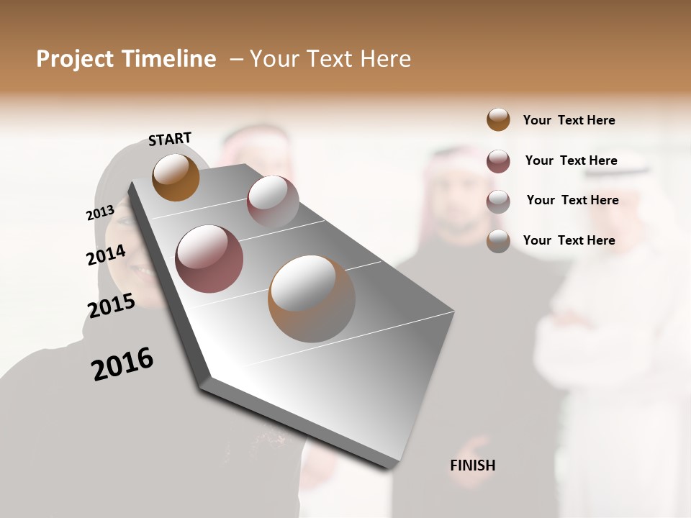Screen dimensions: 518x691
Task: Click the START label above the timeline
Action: (170, 139)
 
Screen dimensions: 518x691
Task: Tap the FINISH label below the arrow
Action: (472, 465)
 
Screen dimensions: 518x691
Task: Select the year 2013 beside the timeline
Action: (100, 213)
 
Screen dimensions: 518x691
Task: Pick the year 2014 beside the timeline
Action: (106, 255)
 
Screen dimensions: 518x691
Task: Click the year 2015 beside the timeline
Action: (111, 306)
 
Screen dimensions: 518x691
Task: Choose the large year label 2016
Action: (122, 364)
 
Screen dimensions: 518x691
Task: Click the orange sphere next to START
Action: (176, 178)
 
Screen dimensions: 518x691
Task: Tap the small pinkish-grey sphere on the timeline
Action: (273, 201)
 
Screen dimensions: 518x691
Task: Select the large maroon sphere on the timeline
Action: (209, 259)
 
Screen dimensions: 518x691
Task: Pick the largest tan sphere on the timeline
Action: (311, 299)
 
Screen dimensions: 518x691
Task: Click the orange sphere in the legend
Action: (498, 120)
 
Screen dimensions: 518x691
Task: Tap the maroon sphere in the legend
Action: (498, 161)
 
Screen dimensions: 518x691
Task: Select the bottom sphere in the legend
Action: (498, 241)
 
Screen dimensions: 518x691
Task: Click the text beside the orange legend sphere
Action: (569, 120)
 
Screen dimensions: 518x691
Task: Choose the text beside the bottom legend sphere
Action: (569, 240)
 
